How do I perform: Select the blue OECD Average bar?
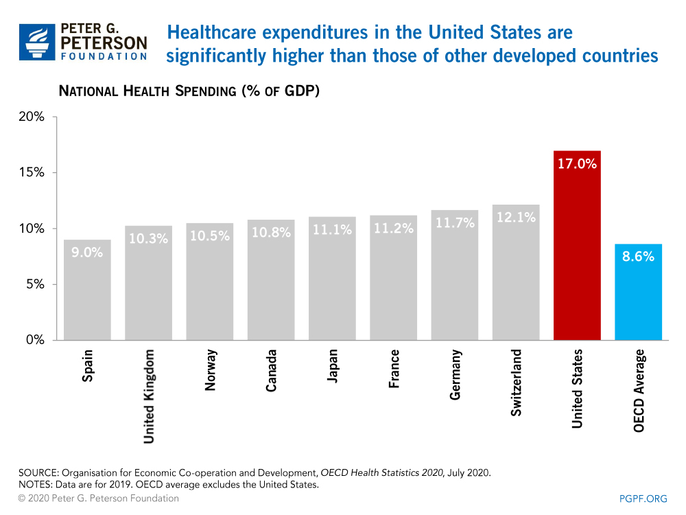[x=638, y=295]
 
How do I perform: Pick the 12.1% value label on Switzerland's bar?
[x=516, y=218]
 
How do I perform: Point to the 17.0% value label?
[x=577, y=164]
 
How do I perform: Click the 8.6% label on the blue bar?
[x=638, y=257]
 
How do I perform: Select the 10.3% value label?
[x=148, y=239]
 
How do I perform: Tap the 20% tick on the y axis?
[x=30, y=117]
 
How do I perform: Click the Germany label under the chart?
[x=456, y=375]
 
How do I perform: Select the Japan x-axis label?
[x=333, y=368]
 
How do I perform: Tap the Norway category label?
[x=211, y=371]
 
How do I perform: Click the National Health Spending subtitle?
[x=189, y=91]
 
